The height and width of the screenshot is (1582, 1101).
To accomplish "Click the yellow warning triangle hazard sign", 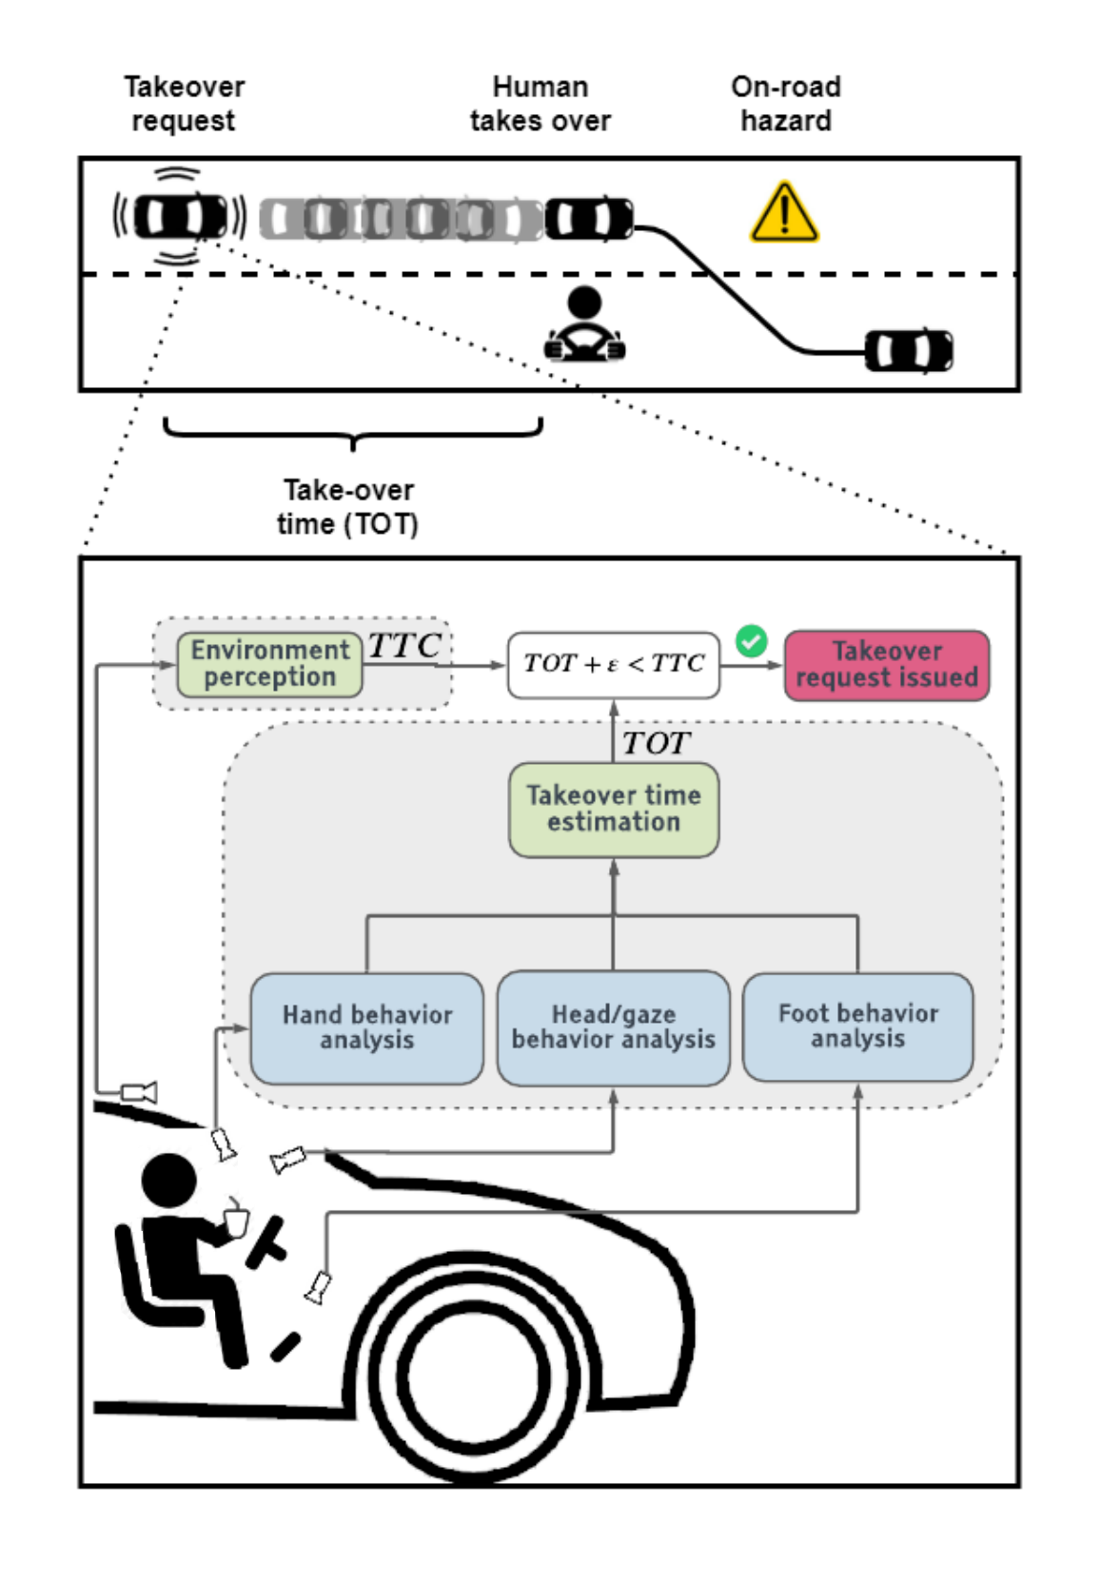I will coord(783,214).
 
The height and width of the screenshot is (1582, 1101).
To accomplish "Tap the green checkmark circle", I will coord(751,641).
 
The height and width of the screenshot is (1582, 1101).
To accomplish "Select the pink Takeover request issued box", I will coord(886,665).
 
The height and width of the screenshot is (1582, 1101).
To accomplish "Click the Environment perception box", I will coord(269,665).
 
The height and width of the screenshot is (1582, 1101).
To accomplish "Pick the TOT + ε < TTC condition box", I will coord(613,664).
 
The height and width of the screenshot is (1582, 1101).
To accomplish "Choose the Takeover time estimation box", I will coord(613,809).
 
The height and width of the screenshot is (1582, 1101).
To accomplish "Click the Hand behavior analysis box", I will coord(366,1027).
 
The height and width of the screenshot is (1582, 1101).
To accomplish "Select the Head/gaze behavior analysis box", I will coord(613,1027).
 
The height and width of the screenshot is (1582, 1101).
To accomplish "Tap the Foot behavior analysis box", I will coord(857,1026).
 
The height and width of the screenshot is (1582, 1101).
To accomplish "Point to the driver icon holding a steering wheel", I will coord(584,326).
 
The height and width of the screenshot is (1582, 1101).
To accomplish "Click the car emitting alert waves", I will coord(180,217).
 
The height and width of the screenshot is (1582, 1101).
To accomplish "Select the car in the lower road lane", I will coord(908,352).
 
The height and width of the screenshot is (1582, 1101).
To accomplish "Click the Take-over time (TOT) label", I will coord(348,507).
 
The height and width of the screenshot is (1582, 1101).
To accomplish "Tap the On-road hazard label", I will coord(785,104).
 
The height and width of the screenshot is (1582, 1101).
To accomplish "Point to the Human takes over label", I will coord(540,104).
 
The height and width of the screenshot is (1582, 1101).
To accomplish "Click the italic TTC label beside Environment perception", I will coord(404,646).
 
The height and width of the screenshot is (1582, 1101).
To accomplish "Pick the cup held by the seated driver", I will coord(235,1220).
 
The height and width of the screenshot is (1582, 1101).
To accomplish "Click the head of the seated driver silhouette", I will coord(168,1181).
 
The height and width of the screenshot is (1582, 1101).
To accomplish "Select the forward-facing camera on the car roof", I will coord(139,1091).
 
